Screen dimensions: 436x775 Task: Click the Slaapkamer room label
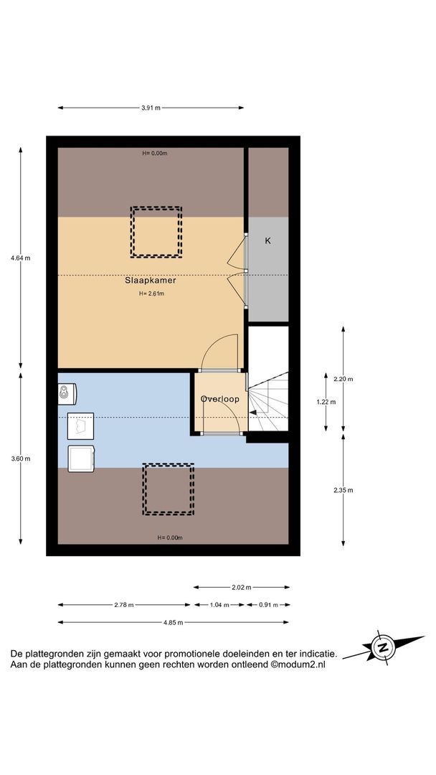pos(150,281)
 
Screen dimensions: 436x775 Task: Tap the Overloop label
pos(219,399)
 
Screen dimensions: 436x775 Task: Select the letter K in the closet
pos(267,240)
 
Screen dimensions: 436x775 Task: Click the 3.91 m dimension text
pos(151,108)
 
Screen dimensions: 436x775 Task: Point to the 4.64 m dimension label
pos(20,258)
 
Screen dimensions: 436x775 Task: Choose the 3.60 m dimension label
pos(20,458)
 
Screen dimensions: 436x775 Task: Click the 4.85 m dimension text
pos(174,622)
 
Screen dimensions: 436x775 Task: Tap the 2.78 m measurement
pos(123,604)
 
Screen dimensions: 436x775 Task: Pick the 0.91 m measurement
pos(268,604)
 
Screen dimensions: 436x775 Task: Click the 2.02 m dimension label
pos(242,587)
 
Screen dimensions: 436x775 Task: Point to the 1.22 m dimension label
pos(326,402)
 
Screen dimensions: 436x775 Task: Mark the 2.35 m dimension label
pos(343,490)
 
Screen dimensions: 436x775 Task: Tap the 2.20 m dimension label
pos(343,379)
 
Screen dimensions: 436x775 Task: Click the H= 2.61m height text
pos(151,293)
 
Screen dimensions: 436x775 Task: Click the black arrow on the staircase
pos(253,411)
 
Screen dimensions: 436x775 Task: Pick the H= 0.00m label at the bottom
pos(169,537)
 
